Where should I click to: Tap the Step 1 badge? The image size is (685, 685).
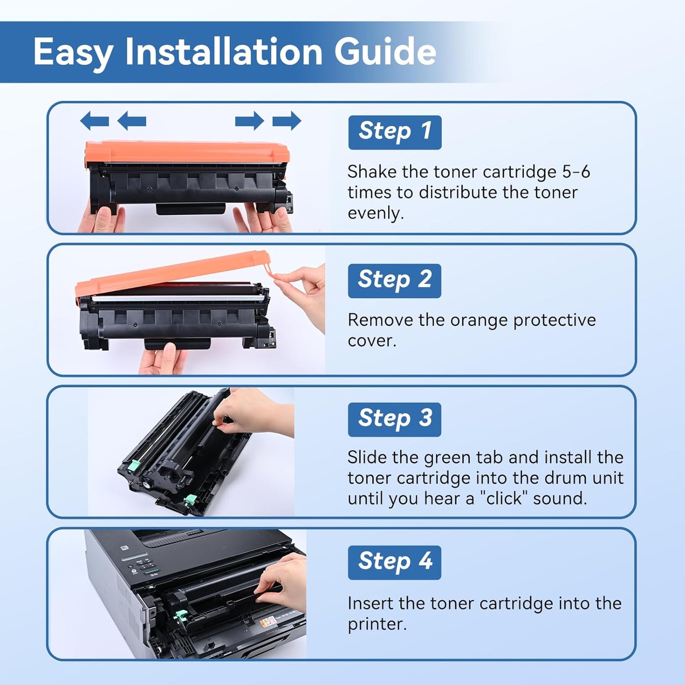pos(394,132)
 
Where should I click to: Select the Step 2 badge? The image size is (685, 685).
pos(394,280)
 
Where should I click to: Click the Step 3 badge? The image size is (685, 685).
pos(394,419)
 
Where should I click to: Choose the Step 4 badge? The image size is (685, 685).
pos(394,562)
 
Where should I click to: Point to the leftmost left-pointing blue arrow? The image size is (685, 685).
pos(94,121)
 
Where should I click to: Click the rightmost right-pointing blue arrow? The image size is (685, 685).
pos(287,121)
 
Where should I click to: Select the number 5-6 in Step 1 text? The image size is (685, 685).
pos(576,172)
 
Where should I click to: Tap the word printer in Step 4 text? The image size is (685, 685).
pos(376,624)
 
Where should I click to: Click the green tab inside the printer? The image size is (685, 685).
pos(180,616)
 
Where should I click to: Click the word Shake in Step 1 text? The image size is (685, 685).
pos(372,172)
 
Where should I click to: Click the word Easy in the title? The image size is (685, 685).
pos(73,52)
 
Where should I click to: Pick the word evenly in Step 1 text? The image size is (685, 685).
pos(375,213)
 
